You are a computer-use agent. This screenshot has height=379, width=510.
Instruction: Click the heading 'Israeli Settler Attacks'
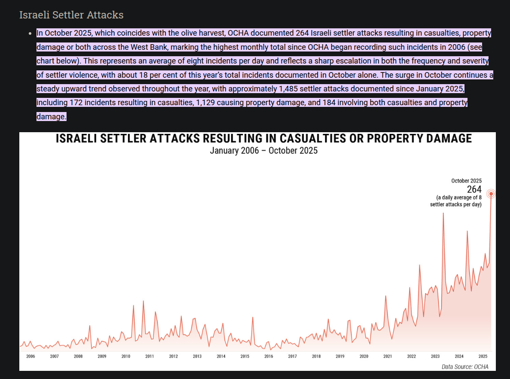point(71,15)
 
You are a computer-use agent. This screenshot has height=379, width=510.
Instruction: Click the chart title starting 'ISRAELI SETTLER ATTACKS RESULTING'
point(264,139)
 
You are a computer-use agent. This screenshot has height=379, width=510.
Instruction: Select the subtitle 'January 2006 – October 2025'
point(264,151)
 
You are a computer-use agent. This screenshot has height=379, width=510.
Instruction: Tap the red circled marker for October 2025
point(491,194)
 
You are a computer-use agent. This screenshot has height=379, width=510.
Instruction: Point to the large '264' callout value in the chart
point(474,189)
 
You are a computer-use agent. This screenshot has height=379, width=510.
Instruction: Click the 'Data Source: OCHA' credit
point(465,367)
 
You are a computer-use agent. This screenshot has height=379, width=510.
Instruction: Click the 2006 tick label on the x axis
point(30,356)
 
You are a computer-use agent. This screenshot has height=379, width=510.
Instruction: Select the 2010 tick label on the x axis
point(126,356)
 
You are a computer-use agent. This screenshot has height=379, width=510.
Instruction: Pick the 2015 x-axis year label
point(245,356)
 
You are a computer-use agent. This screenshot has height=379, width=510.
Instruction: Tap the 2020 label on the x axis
point(364,356)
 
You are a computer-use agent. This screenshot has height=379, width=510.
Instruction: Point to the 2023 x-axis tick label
point(435,356)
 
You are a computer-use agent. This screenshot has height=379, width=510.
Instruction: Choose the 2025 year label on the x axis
point(483,356)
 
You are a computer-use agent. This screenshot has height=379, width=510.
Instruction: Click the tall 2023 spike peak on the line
point(443,213)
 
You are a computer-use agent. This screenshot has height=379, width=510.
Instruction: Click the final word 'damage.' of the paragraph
point(52,116)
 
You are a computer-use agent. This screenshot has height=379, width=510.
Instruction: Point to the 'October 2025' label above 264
point(466,181)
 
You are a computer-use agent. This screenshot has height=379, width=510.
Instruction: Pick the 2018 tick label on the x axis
point(316,356)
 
